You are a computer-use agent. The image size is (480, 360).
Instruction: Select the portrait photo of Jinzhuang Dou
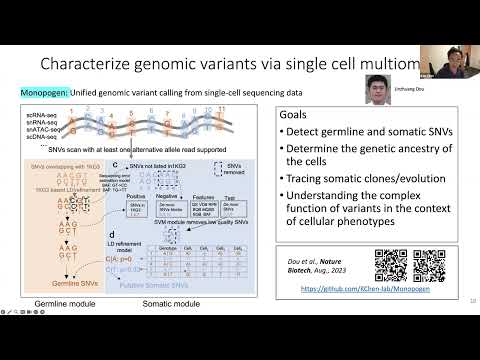(x=376, y=90)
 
